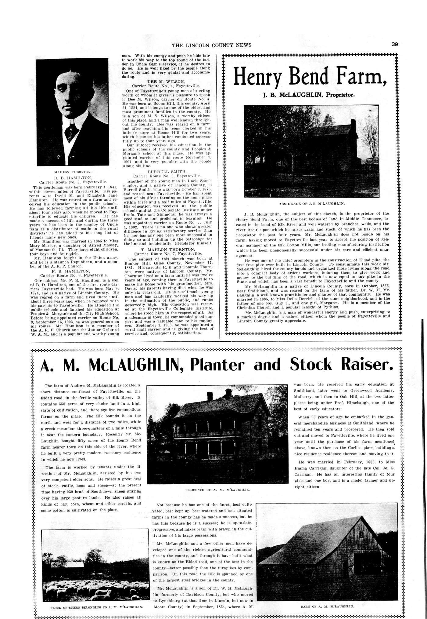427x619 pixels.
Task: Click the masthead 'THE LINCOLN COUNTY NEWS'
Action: (x=212, y=45)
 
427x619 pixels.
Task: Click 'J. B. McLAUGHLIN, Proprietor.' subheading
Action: (x=309, y=95)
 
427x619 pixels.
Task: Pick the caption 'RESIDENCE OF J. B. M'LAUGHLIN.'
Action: (x=311, y=203)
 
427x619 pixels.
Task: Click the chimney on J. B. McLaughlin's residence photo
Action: (x=353, y=125)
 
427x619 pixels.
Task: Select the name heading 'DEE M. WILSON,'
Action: (x=166, y=82)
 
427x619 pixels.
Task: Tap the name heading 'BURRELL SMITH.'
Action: (x=167, y=172)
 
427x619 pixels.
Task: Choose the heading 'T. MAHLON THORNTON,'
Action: (x=167, y=249)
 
